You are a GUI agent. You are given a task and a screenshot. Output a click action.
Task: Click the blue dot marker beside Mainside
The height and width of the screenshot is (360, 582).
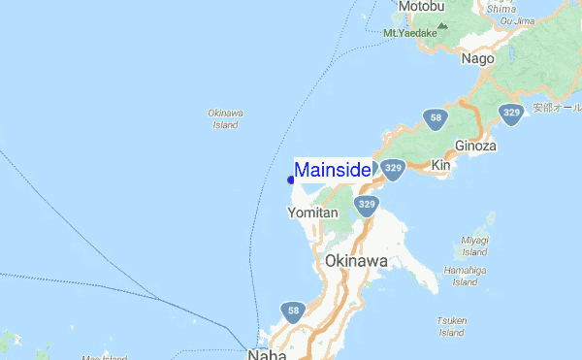coord(291,180)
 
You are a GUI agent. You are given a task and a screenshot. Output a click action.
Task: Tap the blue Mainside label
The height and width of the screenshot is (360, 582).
coord(332,171)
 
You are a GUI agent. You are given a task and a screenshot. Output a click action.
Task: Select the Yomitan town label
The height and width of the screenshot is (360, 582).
coord(312,213)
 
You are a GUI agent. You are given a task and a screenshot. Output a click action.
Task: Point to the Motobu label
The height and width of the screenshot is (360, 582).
coord(421,7)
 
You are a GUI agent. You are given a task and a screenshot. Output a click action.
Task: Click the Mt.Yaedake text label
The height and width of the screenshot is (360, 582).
coord(410,34)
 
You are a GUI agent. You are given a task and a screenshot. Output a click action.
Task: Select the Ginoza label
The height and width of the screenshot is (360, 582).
coord(475,147)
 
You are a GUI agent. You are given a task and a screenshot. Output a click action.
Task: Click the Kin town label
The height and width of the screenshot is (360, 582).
coord(441,166)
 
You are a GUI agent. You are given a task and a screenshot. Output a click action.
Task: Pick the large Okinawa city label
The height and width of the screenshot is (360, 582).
coord(357,262)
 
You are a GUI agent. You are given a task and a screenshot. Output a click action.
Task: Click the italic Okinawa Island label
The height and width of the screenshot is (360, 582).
coord(225,119)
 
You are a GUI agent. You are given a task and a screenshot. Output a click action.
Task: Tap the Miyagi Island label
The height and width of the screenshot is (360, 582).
coord(474,246)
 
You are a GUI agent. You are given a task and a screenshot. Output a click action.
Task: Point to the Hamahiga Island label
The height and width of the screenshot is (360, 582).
coord(465,277)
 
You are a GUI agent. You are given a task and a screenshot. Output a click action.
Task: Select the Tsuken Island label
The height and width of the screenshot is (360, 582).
coord(452,326)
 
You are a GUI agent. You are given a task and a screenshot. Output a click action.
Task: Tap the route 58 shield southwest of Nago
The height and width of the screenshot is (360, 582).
coord(436,119)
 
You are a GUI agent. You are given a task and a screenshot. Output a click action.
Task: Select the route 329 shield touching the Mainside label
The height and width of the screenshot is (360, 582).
coord(392,169)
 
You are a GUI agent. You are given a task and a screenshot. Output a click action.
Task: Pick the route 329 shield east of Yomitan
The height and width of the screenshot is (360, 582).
coord(366,205)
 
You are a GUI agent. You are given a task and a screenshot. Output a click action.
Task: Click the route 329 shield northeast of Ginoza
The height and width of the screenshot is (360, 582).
coord(512,114)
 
